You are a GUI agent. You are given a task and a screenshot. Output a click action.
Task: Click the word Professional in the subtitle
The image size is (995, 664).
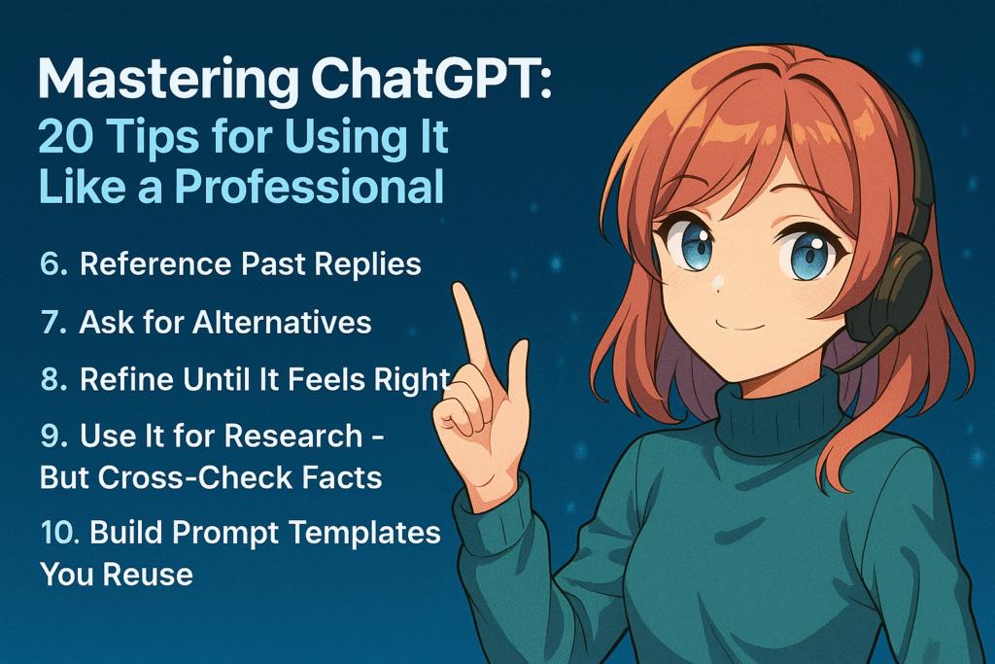[x=309, y=187]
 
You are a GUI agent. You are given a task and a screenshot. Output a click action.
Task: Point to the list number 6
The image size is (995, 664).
[x=53, y=264]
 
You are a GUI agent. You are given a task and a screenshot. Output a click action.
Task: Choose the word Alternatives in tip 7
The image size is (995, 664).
[x=282, y=323]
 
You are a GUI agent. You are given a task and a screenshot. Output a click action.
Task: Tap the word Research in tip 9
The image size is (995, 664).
[x=293, y=437]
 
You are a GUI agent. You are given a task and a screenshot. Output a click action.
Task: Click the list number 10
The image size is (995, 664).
[x=59, y=533]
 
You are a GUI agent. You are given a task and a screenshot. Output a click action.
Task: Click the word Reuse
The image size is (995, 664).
[x=148, y=575]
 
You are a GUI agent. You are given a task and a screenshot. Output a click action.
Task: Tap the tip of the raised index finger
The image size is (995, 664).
[x=461, y=290]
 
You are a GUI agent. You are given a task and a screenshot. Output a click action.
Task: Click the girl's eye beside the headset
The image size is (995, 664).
[x=807, y=255]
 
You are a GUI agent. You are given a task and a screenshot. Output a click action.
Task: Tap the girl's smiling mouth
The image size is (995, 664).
[x=739, y=326]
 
